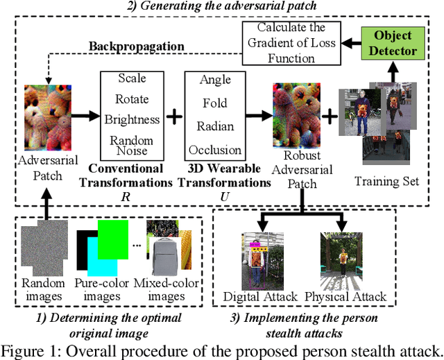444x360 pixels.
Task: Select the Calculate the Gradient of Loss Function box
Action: (291, 44)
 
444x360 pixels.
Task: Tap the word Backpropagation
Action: (136, 47)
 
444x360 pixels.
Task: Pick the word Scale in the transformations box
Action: (132, 78)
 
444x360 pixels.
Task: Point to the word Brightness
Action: (132, 119)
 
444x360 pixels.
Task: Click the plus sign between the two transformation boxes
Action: (176, 115)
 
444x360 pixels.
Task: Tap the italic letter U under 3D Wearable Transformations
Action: (224, 196)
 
